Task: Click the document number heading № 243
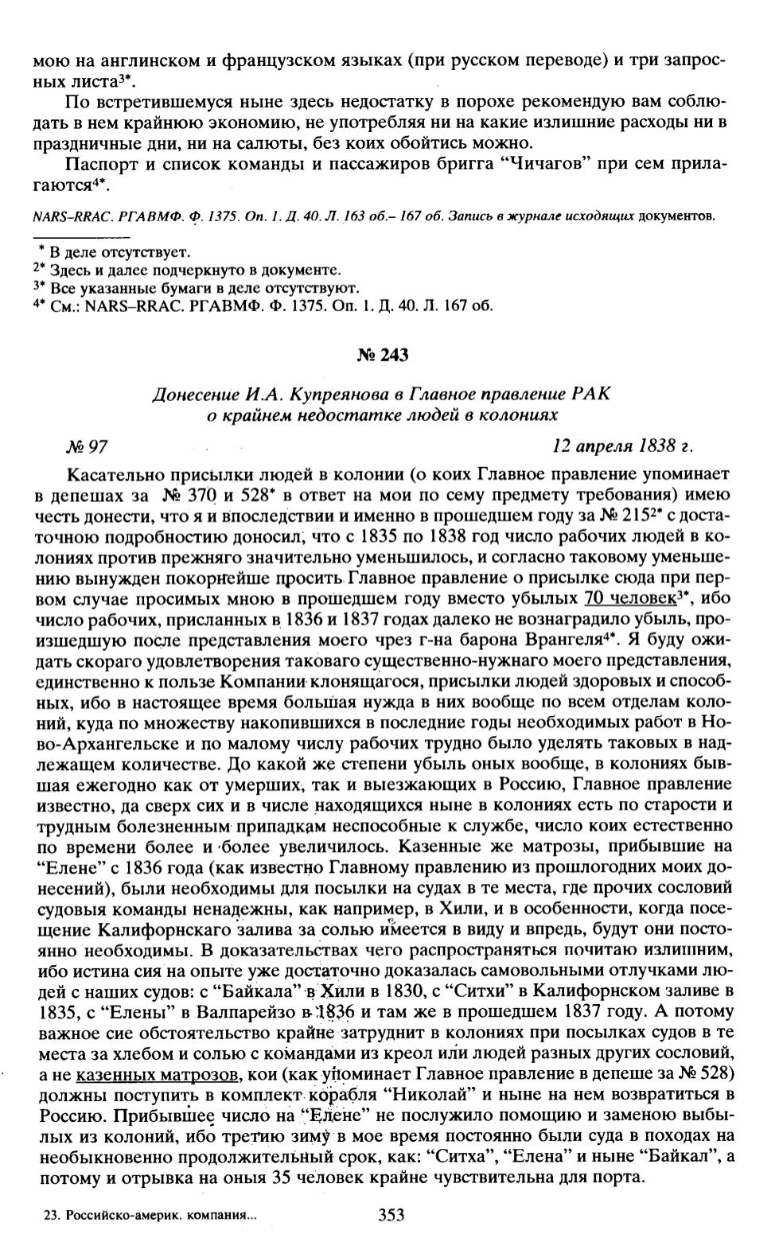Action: point(382,355)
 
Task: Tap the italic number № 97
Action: point(88,446)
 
